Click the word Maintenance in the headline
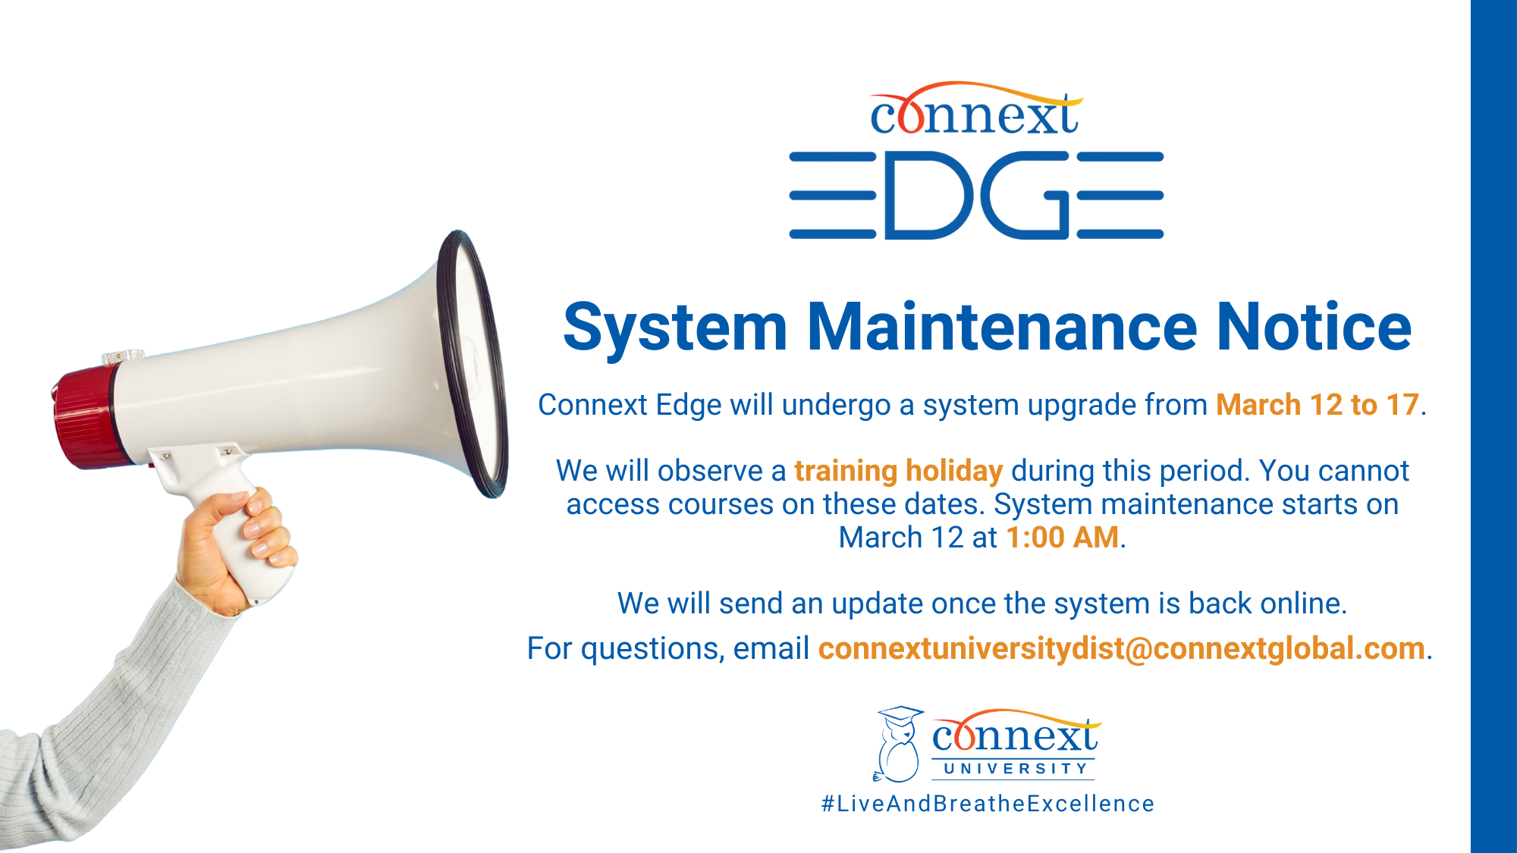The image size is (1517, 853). click(x=1001, y=327)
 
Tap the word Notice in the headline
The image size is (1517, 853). click(x=1314, y=327)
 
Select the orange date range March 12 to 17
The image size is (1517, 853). click(x=1318, y=405)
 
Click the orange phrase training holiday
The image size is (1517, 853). click(x=899, y=472)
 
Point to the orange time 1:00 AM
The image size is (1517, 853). click(x=1063, y=538)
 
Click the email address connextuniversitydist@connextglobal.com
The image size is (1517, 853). click(x=1122, y=649)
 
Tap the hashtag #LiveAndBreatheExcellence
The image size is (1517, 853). click(x=988, y=804)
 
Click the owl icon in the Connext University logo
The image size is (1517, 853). click(x=899, y=745)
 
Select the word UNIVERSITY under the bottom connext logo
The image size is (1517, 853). click(x=1016, y=769)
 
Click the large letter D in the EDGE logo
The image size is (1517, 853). click(x=928, y=196)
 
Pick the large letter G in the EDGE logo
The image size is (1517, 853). click(x=1025, y=196)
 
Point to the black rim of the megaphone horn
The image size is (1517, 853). click(x=472, y=364)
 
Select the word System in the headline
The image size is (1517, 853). click(x=675, y=328)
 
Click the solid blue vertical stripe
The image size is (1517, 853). click(x=1493, y=426)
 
